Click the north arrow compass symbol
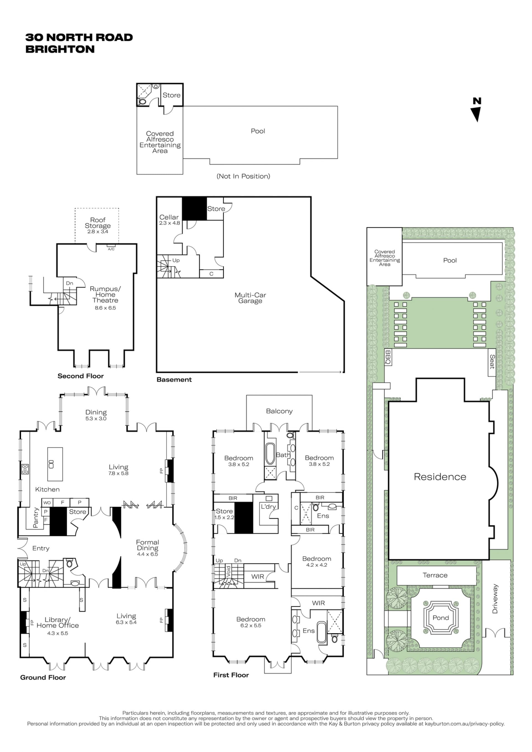coord(477,110)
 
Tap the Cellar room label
coord(169,217)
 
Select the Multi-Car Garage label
coord(250,298)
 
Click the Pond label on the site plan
coord(441,618)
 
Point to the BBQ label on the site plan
coord(388,357)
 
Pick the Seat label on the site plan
coord(492,361)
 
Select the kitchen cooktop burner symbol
coord(25,469)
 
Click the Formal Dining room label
coord(147,545)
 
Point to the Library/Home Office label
coord(58,622)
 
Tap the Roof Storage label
coord(98,223)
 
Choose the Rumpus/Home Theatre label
coord(105,294)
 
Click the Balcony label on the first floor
coord(279,411)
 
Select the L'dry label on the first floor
coord(268,507)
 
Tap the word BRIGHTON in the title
coord(60,49)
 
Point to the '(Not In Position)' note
coord(243,176)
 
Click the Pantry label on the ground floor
coord(36,518)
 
